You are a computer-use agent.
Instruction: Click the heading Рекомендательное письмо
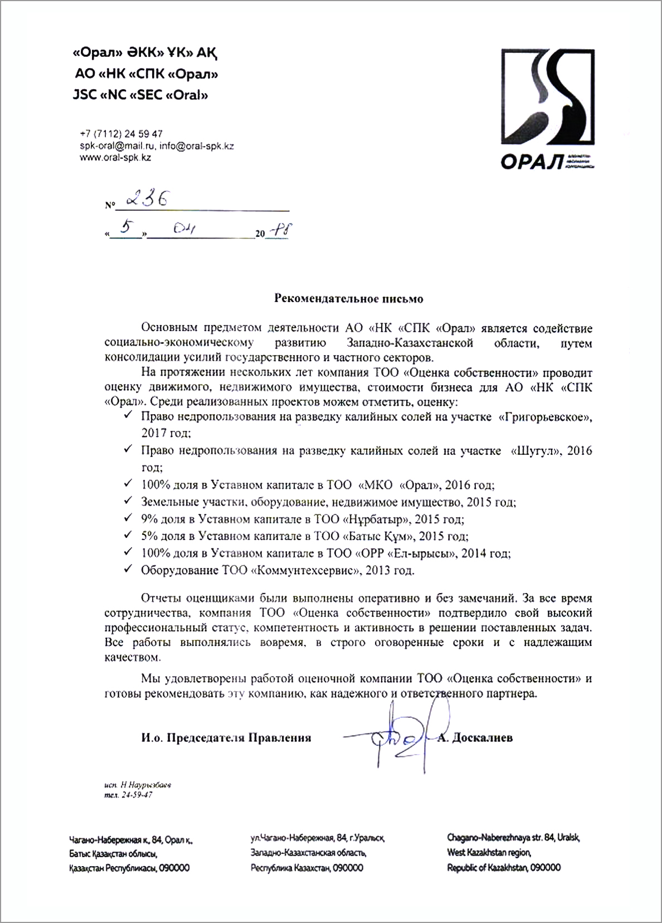[349, 299]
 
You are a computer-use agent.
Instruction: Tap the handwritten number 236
[147, 199]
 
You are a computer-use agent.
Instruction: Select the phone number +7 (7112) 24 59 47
[121, 134]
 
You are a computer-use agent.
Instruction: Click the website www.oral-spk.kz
[115, 158]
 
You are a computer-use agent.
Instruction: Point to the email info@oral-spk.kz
[196, 146]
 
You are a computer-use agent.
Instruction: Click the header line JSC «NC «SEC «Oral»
[140, 95]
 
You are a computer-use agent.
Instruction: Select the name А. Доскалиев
[475, 738]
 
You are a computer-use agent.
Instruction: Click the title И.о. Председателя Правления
[226, 738]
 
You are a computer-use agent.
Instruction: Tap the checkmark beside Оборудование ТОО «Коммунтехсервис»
[128, 570]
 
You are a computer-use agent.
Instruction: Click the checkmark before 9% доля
[128, 518]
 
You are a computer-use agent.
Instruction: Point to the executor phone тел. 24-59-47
[128, 795]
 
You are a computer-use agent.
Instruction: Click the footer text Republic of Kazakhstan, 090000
[504, 868]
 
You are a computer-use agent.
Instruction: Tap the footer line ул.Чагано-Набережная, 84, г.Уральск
[318, 838]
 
